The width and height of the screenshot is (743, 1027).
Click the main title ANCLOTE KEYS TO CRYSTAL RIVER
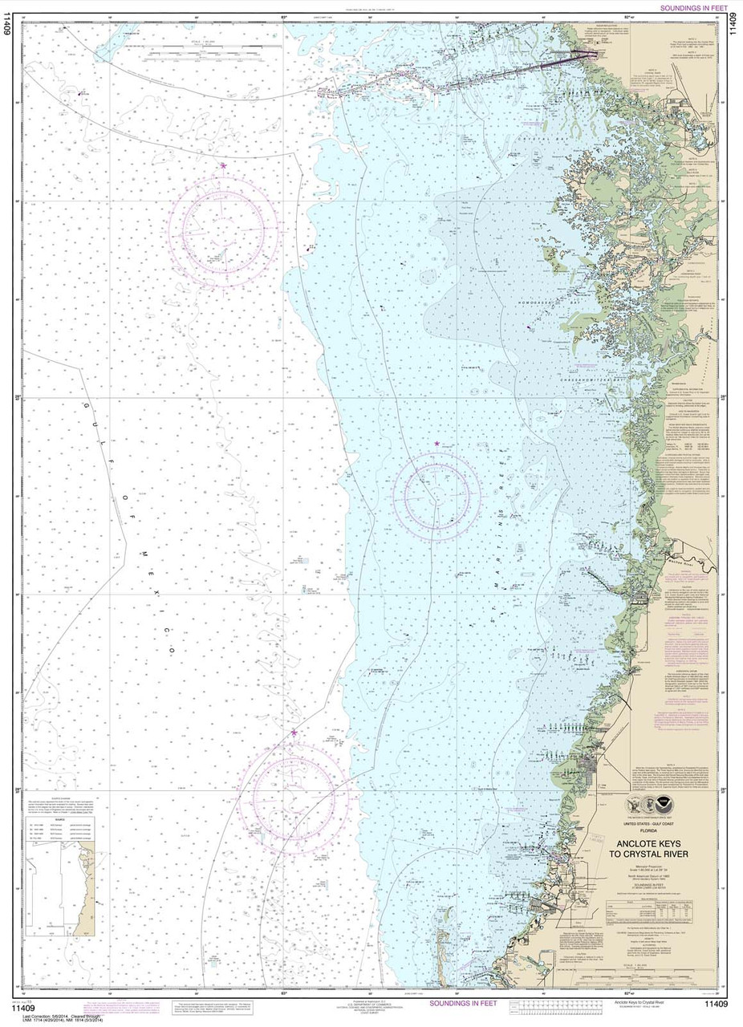(663, 849)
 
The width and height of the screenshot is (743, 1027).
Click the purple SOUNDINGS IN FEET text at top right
(693, 8)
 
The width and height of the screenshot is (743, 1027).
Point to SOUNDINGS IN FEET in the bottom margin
(463, 1003)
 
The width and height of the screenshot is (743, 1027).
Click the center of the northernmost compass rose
(224, 229)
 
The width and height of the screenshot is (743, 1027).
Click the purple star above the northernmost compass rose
(223, 165)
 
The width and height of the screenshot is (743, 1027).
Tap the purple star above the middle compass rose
(436, 444)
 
